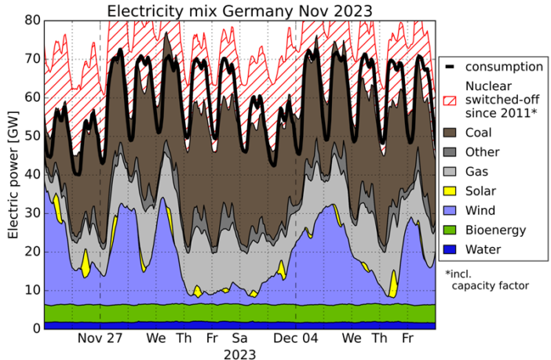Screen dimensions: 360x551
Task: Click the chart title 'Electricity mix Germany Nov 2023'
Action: click(239, 11)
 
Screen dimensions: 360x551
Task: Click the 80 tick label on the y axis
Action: click(31, 20)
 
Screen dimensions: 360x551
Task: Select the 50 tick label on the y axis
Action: click(31, 136)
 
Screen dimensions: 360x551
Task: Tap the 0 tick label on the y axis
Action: click(35, 328)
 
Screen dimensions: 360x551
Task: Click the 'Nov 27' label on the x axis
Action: click(100, 339)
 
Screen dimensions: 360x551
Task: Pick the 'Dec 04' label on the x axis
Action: click(296, 339)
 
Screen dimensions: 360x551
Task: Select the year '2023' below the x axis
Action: click(239, 354)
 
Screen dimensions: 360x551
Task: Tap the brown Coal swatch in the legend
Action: click(451, 133)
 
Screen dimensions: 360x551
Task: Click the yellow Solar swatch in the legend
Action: click(451, 191)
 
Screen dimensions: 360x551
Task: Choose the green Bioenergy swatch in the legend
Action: click(451, 230)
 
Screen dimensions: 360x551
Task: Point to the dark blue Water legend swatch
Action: click(451, 249)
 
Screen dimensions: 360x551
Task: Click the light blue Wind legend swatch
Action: click(451, 210)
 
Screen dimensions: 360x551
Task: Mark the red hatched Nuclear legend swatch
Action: click(451, 100)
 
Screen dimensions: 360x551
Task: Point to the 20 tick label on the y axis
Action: click(31, 251)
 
